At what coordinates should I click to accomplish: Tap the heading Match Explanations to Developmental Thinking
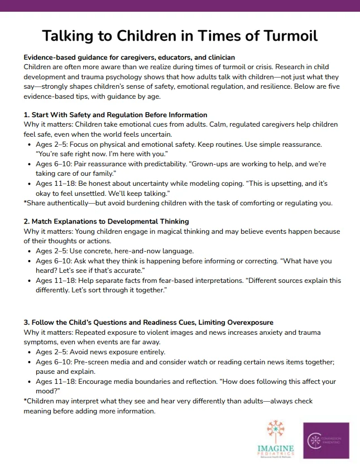tap(106, 222)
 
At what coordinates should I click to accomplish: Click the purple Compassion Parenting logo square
tap(326, 440)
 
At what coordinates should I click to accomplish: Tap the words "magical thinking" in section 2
tap(190, 231)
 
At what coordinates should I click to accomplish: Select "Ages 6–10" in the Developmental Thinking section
tap(54, 261)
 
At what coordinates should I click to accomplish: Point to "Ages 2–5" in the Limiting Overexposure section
tap(52, 352)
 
